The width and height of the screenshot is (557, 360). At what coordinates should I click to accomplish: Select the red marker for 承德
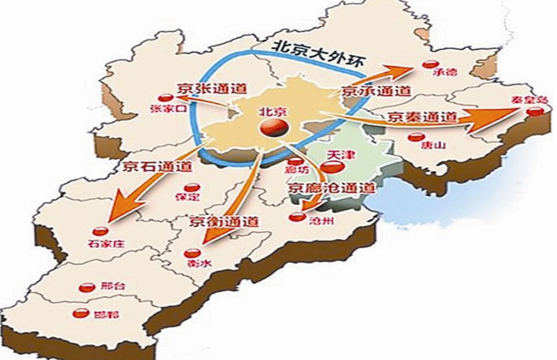click(x=429, y=65)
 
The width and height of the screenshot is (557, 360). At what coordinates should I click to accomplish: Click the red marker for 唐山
click(x=417, y=137)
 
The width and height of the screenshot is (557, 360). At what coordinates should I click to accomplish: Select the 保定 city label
click(x=190, y=199)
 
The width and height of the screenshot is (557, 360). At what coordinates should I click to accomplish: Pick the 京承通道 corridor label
click(x=377, y=91)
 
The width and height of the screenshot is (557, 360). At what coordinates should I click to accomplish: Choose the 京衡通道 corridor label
click(x=223, y=220)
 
